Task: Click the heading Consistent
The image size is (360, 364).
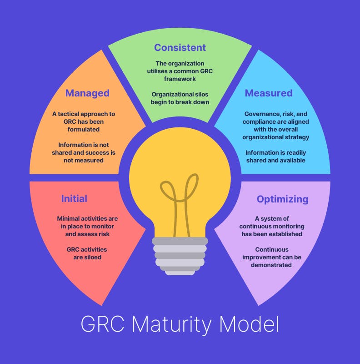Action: [x=180, y=47]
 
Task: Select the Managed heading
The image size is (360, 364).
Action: [x=87, y=93]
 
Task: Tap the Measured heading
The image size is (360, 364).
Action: [x=268, y=93]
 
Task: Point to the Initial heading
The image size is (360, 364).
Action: [x=74, y=199]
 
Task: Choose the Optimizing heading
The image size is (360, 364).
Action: [x=282, y=199]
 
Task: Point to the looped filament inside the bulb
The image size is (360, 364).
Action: [x=180, y=191]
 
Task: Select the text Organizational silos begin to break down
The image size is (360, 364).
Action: [x=180, y=98]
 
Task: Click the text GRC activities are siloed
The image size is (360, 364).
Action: [x=87, y=253]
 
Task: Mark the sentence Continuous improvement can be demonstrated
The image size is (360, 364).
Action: [x=272, y=257]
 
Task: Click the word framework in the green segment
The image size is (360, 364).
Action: [x=180, y=79]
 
